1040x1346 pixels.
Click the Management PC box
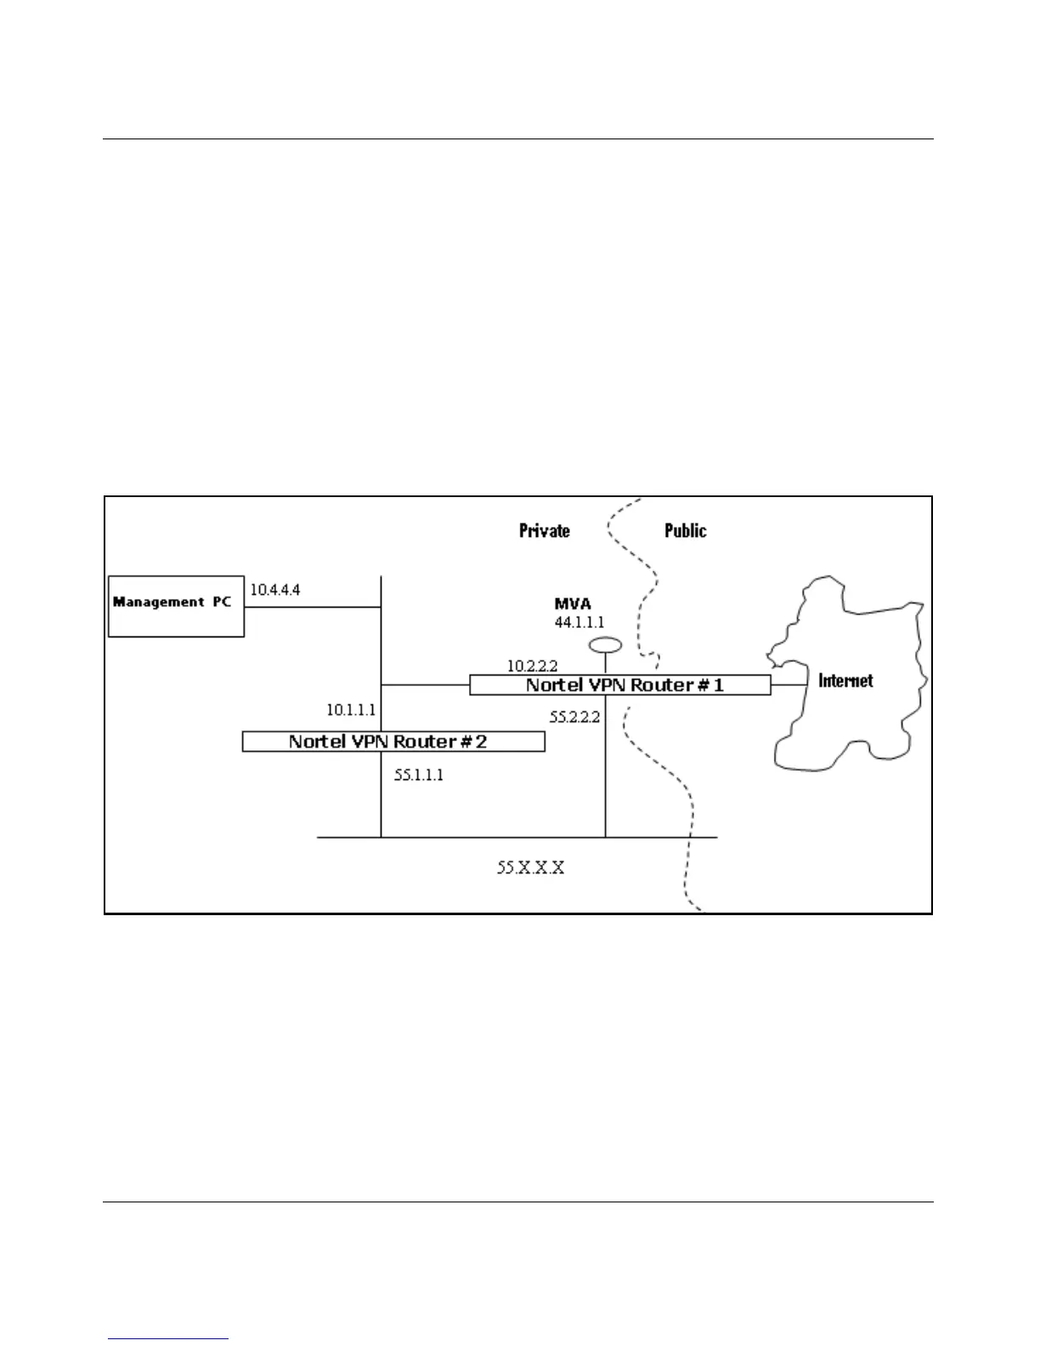tap(176, 606)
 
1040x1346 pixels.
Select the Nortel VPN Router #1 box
tap(620, 685)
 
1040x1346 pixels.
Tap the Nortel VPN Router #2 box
tap(393, 742)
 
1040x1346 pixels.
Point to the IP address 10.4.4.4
tap(274, 590)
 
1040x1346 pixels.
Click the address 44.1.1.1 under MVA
tap(579, 623)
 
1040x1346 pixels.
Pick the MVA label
tap(573, 605)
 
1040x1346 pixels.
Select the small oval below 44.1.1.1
tap(605, 645)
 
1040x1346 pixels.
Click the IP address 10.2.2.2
tap(532, 666)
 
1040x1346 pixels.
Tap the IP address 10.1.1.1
tap(351, 710)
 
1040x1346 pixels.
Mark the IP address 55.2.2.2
tap(574, 717)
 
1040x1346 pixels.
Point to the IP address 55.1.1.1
tap(419, 775)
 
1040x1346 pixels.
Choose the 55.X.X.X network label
tap(530, 868)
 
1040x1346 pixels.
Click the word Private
tap(545, 531)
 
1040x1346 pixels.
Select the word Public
tap(685, 531)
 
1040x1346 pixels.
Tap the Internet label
tap(845, 681)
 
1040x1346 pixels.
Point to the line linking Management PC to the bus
tap(312, 607)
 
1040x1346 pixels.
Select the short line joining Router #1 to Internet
tap(788, 685)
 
